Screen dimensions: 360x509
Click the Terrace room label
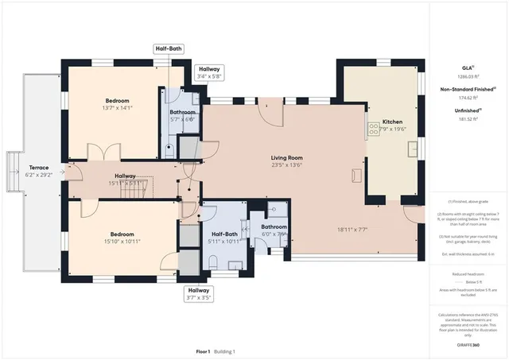(x=39, y=168)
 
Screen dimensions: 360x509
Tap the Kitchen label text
(x=393, y=122)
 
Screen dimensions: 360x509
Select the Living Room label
(x=286, y=158)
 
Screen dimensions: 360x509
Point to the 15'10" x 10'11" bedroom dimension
(x=122, y=242)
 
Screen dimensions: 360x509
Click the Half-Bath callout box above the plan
(x=169, y=49)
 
